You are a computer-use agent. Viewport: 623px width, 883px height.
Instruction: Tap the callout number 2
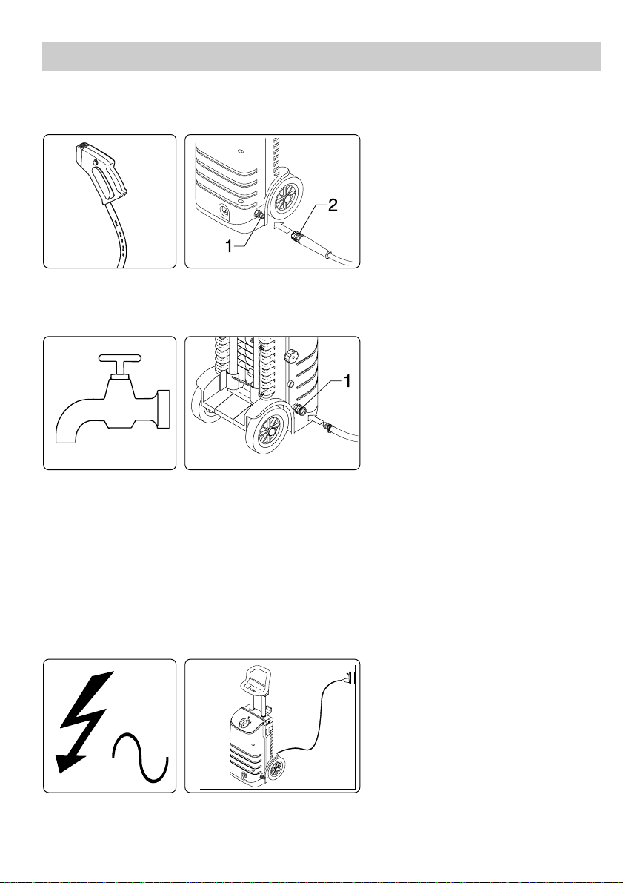[x=333, y=206]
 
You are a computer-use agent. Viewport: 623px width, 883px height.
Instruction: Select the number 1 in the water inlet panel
[x=347, y=382]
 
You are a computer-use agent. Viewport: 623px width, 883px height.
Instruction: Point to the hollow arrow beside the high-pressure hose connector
[x=281, y=228]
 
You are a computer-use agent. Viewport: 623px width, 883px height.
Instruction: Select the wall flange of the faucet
[x=164, y=409]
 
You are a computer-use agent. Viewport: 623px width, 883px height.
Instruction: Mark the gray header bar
[x=322, y=56]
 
